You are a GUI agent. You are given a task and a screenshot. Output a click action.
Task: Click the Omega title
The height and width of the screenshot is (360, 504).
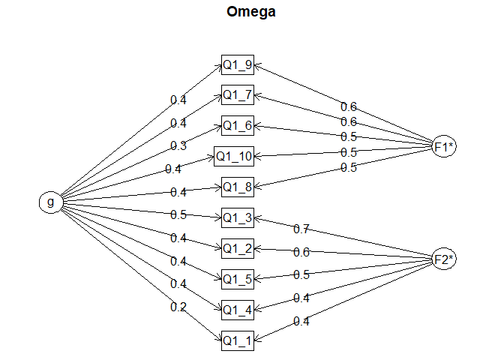coord(251,12)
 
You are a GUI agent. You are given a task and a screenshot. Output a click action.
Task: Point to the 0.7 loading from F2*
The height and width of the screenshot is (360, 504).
coord(301,229)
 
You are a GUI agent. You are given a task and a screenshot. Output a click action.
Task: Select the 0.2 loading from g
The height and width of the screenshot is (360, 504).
coord(178,307)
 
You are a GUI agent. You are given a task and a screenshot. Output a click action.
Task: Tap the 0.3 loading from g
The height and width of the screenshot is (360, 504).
coord(178,146)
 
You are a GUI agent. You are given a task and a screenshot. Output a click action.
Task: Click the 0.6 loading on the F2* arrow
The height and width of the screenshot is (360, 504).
coord(301,252)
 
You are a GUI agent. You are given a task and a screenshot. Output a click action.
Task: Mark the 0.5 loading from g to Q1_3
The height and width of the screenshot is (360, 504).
coord(178,214)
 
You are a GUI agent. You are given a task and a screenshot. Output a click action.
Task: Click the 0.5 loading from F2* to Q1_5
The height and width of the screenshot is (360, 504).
coord(301,275)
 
